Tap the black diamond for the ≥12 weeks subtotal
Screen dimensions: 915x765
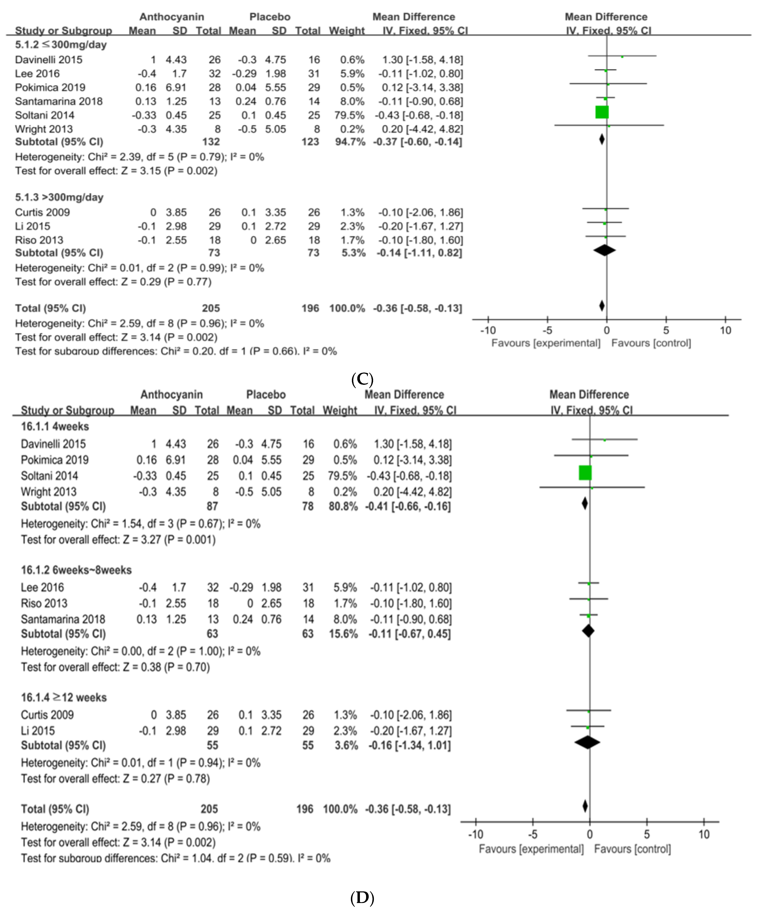587,742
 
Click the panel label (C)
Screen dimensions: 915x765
362,379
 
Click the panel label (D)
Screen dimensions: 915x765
362,898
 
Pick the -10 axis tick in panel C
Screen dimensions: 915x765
488,330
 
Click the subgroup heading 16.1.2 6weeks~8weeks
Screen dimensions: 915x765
76,570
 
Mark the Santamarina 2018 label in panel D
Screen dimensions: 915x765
63,619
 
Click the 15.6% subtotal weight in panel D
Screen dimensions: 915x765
343,633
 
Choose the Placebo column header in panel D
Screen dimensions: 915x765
266,395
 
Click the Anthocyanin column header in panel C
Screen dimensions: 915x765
172,17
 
